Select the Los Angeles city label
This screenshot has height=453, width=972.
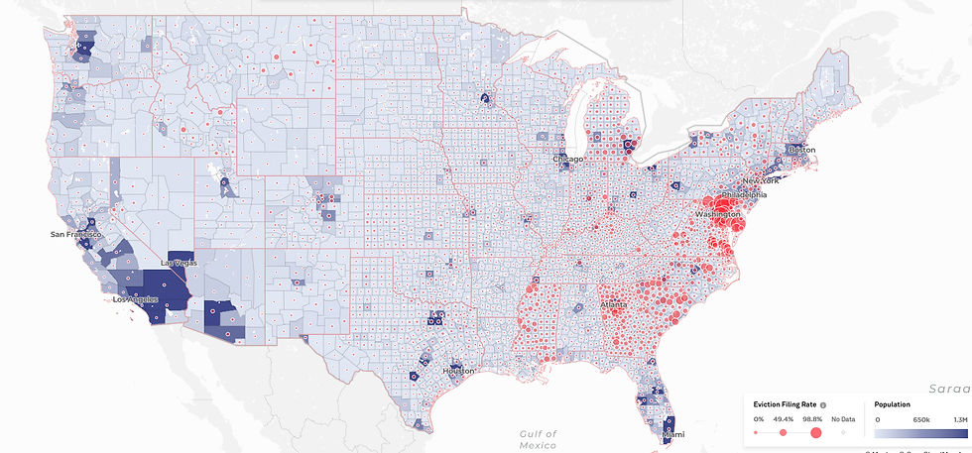tap(138, 299)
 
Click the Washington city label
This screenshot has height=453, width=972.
tap(717, 214)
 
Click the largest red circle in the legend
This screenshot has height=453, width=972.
tap(816, 432)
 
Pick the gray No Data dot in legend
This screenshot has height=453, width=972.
tap(843, 432)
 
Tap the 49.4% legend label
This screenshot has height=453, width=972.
tap(784, 419)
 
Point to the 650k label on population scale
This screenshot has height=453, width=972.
tap(920, 419)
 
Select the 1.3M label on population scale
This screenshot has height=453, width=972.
tap(958, 419)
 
